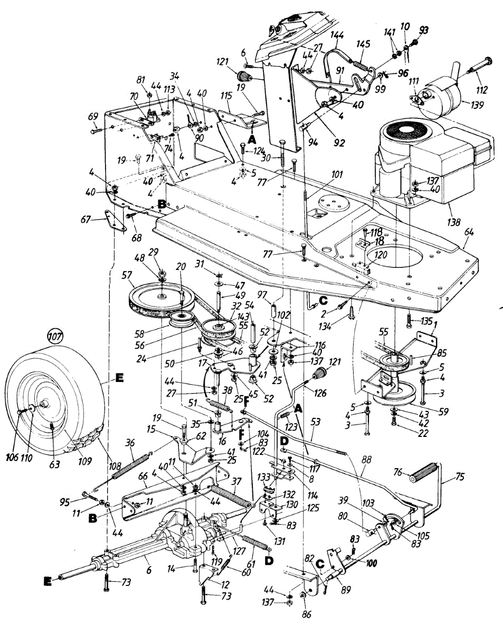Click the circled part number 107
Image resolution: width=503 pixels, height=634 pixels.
coord(54,335)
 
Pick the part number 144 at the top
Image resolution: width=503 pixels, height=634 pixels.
coord(337,35)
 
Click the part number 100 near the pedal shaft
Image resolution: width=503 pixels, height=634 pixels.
coord(372,564)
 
